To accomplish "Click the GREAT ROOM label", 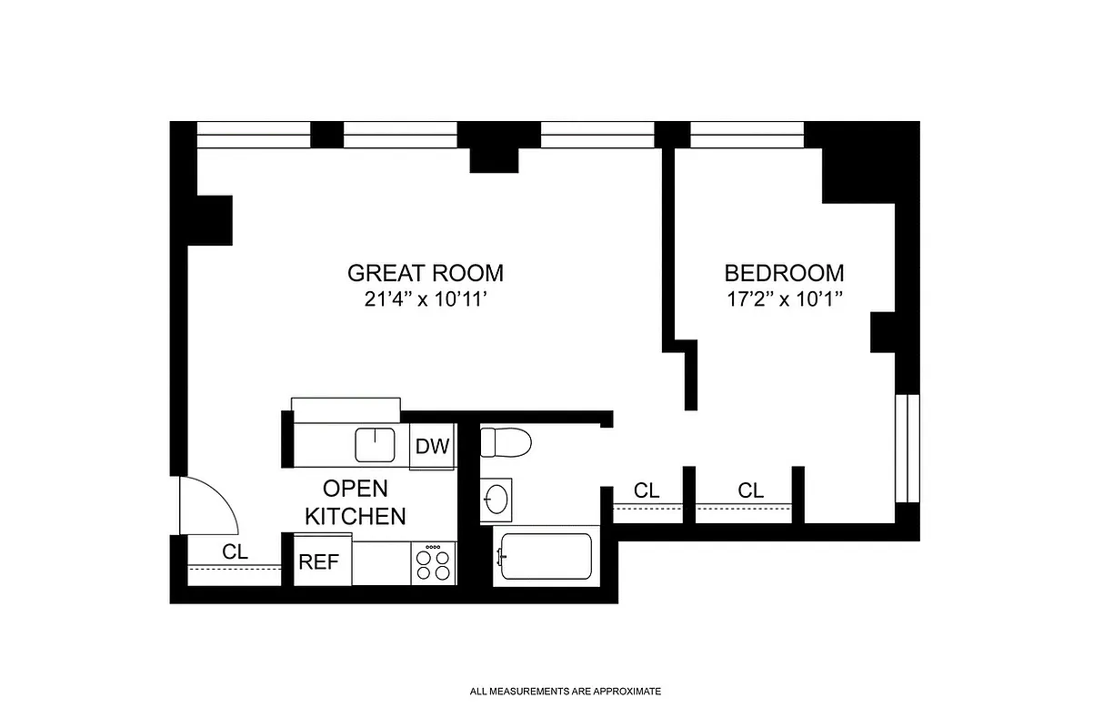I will (425, 272).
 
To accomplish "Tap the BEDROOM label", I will (784, 272).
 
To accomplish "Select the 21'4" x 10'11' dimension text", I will (425, 299).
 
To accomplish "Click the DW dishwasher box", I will (432, 447).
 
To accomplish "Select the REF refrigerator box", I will (319, 562).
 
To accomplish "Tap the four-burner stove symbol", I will (433, 563).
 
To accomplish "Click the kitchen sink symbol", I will (375, 445).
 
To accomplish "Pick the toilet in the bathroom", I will (506, 443).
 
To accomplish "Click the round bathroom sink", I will (496, 499).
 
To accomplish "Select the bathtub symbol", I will (544, 559).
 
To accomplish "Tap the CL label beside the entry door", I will (235, 551).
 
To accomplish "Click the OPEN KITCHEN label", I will (355, 501).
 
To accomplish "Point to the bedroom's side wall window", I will (907, 449).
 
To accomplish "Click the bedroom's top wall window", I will (747, 135).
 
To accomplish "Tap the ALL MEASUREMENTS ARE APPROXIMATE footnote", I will (566, 692).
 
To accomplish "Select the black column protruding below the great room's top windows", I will (494, 160).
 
